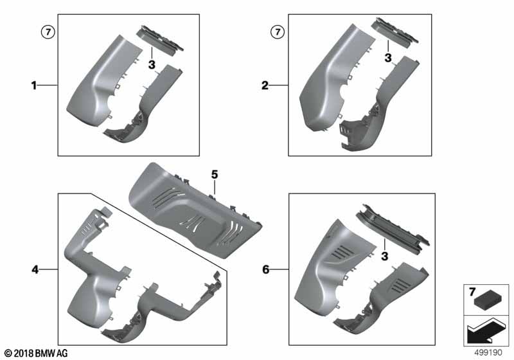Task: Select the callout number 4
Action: (x=36, y=270)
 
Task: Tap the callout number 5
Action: (x=215, y=174)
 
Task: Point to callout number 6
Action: (x=265, y=269)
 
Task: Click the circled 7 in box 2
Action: (x=277, y=31)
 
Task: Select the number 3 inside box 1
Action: (x=152, y=65)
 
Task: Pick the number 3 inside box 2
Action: (x=388, y=58)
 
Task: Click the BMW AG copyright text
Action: (x=35, y=353)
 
